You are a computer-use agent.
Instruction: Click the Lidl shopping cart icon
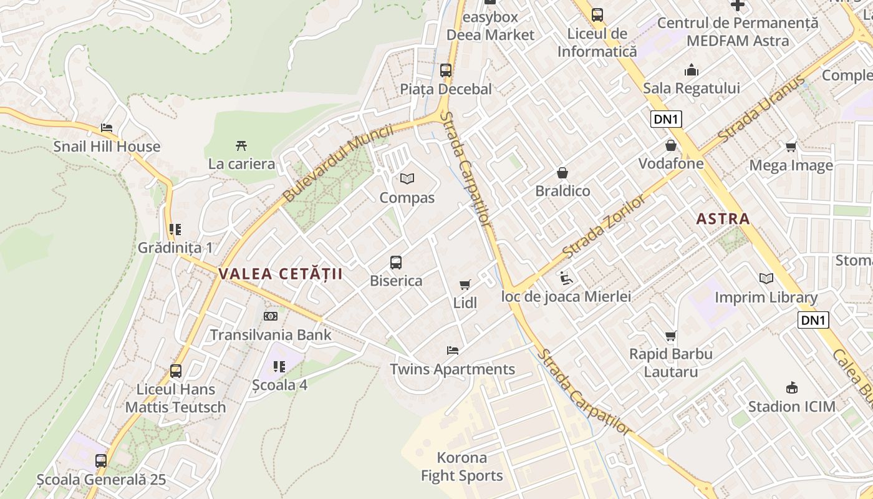coord(465,285)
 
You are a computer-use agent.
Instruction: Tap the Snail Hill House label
coord(107,147)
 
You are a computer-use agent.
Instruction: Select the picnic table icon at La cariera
coord(241,146)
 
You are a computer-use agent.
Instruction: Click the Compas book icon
coord(407,179)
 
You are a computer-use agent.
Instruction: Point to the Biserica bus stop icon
coord(396,263)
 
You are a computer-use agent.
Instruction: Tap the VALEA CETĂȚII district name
coord(281,274)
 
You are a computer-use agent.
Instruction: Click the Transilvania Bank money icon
coord(271,316)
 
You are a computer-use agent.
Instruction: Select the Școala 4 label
coord(279,385)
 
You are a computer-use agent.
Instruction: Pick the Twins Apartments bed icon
coord(453,351)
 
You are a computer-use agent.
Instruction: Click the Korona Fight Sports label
coord(461,467)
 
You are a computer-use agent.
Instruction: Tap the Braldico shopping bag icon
coord(562,173)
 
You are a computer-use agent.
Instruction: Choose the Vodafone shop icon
coord(671,146)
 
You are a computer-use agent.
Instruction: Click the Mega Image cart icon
coord(791,147)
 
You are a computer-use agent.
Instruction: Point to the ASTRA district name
coord(723,219)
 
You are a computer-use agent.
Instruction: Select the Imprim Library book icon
coord(766,279)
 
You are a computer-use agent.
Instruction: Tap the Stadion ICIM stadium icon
coord(792,388)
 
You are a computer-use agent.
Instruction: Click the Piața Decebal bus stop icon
coord(446,70)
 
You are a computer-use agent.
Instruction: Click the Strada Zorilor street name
coord(604,226)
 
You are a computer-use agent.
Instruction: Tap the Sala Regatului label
coord(692,88)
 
